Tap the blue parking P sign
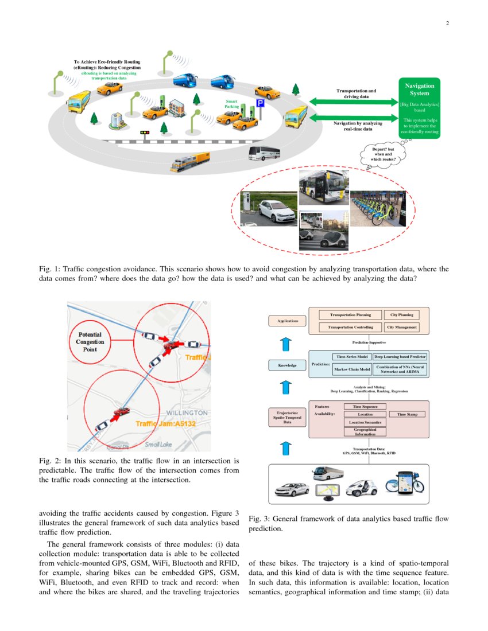click(x=260, y=104)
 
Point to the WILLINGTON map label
click(x=187, y=413)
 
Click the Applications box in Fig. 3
click(x=288, y=321)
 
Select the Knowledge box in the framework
click(x=288, y=365)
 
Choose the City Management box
click(x=402, y=327)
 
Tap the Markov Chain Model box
click(x=352, y=369)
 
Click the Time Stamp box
click(x=407, y=414)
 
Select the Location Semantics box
click(x=365, y=422)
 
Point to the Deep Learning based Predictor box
click(x=400, y=356)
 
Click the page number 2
click(x=446, y=24)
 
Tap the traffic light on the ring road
click(x=145, y=133)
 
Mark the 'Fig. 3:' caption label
click(x=259, y=519)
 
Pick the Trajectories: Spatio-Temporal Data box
click(x=288, y=418)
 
